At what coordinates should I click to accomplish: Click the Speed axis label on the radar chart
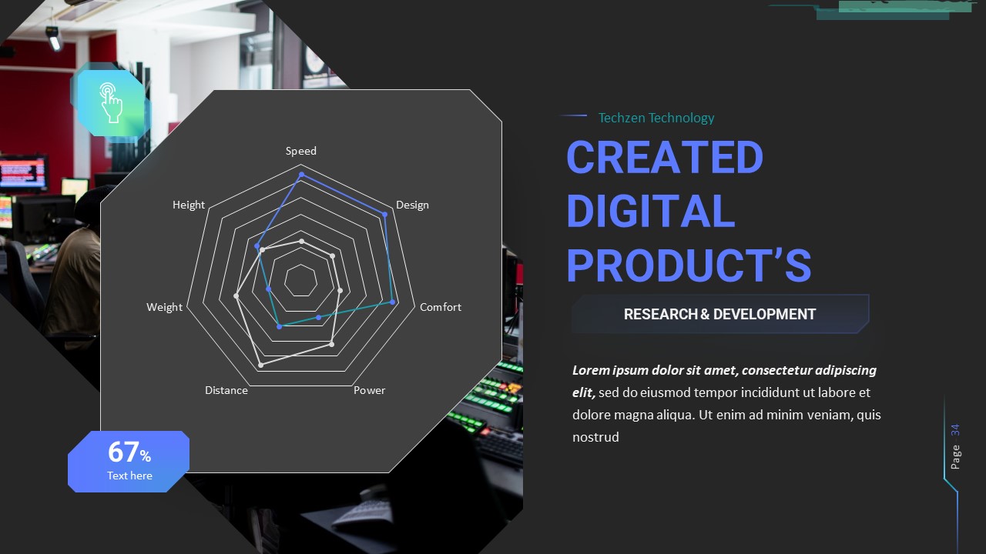(x=300, y=151)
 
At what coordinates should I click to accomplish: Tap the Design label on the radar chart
(x=412, y=205)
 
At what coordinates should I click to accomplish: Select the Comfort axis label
(x=440, y=307)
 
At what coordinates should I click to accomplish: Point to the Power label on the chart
(x=369, y=390)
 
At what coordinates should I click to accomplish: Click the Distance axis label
(x=226, y=390)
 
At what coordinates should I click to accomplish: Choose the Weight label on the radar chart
(x=164, y=307)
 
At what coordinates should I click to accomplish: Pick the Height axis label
(x=189, y=205)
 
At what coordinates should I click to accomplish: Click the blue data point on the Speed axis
(x=301, y=175)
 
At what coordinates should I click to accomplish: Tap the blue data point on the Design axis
(x=384, y=215)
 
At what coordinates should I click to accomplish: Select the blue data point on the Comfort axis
(x=393, y=302)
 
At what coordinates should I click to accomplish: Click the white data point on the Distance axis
(x=260, y=364)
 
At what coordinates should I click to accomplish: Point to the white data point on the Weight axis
(x=236, y=295)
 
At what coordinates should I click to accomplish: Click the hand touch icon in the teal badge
(x=111, y=102)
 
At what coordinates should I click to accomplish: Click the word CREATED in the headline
(x=664, y=157)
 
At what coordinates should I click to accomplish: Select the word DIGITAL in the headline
(x=650, y=211)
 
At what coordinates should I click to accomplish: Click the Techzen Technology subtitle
(x=656, y=118)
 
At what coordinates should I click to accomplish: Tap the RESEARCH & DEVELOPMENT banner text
(x=719, y=314)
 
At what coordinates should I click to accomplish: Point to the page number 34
(x=955, y=429)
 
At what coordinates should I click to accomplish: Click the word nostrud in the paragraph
(x=595, y=437)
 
